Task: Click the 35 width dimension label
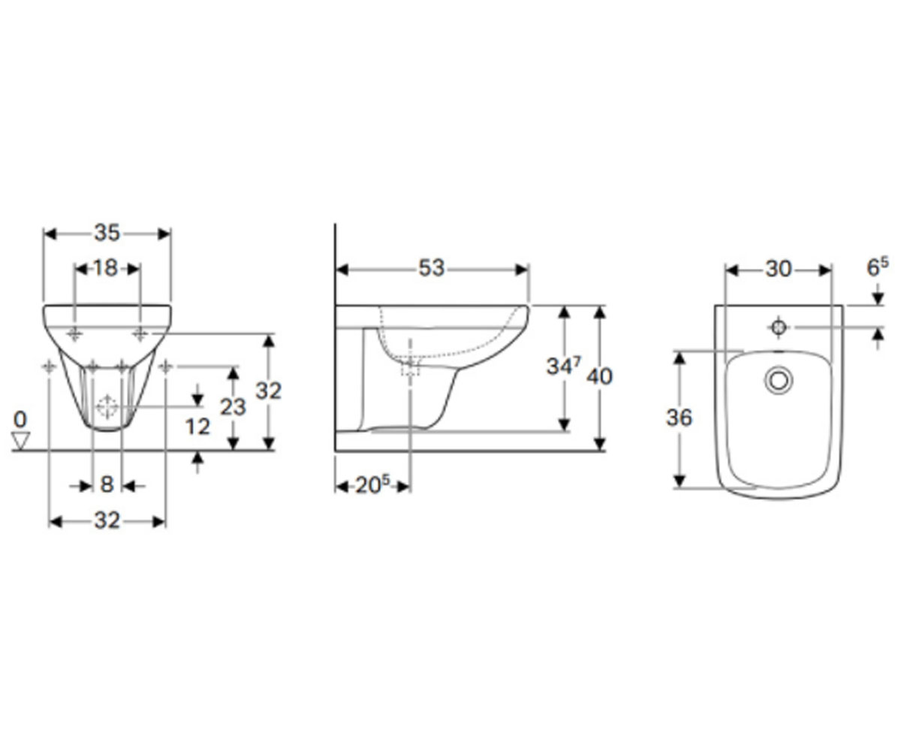pyautogui.click(x=107, y=233)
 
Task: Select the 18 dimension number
pyautogui.click(x=106, y=268)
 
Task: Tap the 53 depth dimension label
pyautogui.click(x=432, y=268)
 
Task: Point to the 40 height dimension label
pyautogui.click(x=599, y=377)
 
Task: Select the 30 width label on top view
pyautogui.click(x=779, y=270)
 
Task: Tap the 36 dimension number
pyautogui.click(x=680, y=418)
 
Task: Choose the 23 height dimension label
pyautogui.click(x=233, y=407)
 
